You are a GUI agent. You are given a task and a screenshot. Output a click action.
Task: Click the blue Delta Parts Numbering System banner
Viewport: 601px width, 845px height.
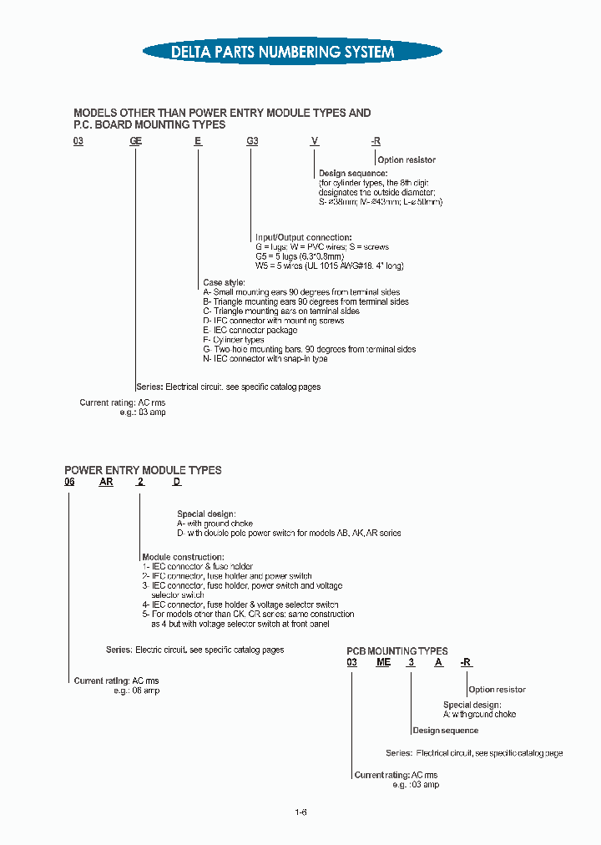(x=282, y=52)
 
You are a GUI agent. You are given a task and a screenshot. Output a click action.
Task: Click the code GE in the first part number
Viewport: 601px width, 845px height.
(x=135, y=141)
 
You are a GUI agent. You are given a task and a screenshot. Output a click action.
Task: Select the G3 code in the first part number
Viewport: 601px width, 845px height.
(x=252, y=141)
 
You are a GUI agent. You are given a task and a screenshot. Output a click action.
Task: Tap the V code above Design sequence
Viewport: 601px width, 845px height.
(x=315, y=141)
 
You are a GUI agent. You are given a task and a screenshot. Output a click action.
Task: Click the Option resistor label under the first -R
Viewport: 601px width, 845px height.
(x=407, y=159)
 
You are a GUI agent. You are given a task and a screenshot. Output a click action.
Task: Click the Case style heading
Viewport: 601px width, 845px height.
(x=224, y=283)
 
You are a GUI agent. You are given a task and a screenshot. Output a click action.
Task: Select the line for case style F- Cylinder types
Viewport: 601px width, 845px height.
(x=234, y=340)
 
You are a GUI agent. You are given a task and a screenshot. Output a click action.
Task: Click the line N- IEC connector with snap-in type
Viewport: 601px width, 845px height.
(x=265, y=359)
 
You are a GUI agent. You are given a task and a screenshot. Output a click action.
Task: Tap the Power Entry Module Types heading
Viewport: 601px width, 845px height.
(x=143, y=470)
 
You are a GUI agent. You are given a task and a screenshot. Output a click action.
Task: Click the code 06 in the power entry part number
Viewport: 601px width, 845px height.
(x=70, y=483)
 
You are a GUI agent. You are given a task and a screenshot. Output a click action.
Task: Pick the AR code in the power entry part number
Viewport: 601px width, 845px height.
(x=106, y=483)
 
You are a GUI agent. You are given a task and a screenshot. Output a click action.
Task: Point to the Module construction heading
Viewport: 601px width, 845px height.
(x=183, y=557)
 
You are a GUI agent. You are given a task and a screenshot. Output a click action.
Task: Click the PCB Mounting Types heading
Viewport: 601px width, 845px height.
(x=397, y=650)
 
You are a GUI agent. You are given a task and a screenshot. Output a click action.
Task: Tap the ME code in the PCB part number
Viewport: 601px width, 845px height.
(x=383, y=662)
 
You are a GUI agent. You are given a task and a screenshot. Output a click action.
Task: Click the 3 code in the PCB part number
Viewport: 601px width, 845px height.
(x=410, y=662)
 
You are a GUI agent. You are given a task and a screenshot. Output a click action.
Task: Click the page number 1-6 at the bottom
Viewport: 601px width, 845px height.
(x=300, y=812)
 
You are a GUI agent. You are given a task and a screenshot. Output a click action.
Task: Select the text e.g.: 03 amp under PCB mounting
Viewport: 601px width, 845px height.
(x=416, y=785)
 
